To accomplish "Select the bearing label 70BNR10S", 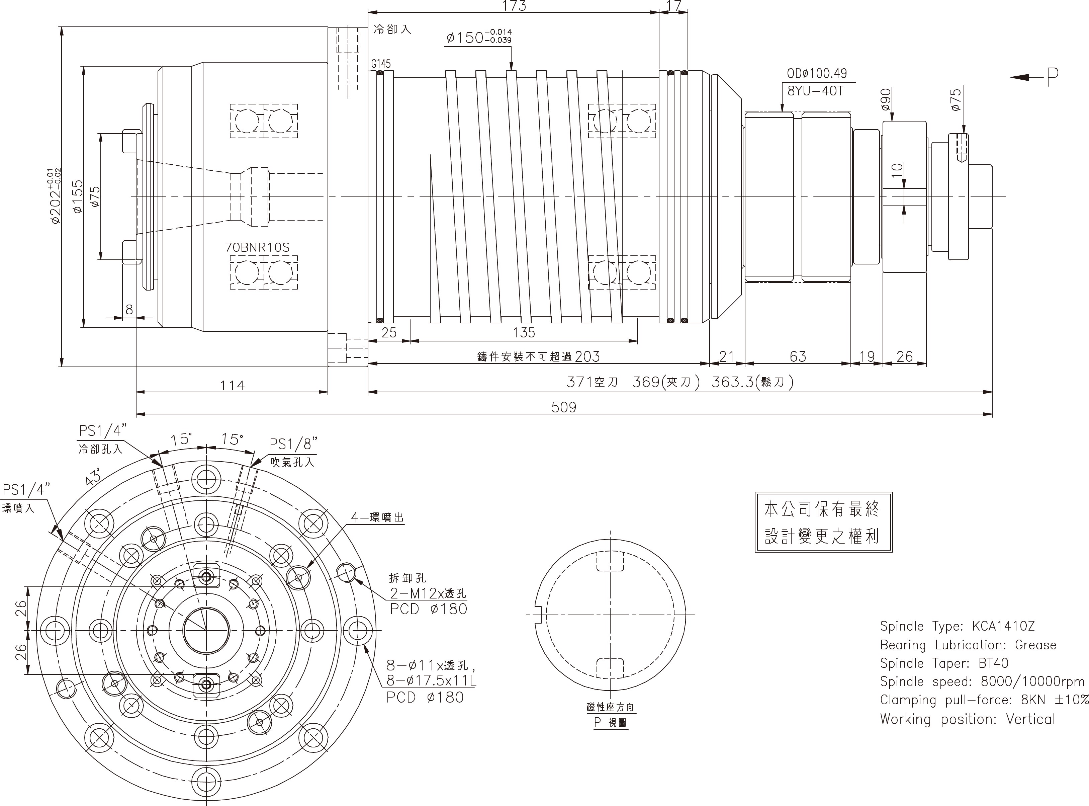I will [x=257, y=247].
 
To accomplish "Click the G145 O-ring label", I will [x=380, y=64].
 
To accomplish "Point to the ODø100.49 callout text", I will [x=817, y=74].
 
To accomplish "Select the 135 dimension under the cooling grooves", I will [x=524, y=333].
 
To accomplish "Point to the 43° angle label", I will [x=93, y=476].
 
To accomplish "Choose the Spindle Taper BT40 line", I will [x=944, y=663].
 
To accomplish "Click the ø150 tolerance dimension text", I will [x=478, y=37].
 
